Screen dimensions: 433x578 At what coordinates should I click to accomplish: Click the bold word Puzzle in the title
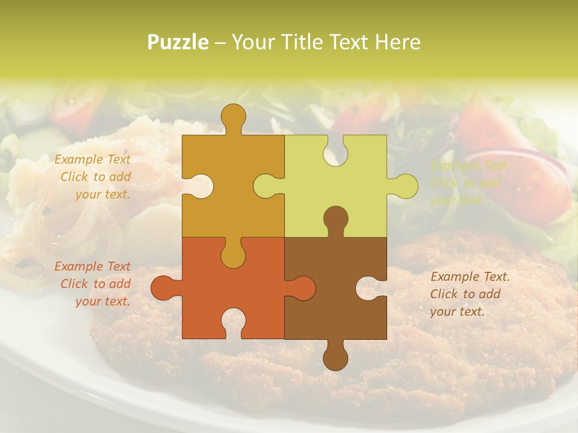[x=178, y=42]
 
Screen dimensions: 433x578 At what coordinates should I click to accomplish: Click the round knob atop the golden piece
[x=233, y=117]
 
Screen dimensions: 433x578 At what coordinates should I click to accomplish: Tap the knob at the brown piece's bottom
[x=335, y=356]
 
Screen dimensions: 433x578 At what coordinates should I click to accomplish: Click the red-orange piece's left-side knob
[x=164, y=288]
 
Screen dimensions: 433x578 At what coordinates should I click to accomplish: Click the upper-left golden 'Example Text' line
[x=92, y=159]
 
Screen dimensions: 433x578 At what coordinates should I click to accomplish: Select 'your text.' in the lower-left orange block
[x=102, y=301]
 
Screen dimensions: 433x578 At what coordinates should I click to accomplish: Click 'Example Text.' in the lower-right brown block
[x=470, y=277]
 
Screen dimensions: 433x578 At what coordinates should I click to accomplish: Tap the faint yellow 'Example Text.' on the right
[x=470, y=165]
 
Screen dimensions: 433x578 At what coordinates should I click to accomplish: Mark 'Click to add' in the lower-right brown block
[x=465, y=294]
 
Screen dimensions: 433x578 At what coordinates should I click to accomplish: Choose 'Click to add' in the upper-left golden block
[x=95, y=177]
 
